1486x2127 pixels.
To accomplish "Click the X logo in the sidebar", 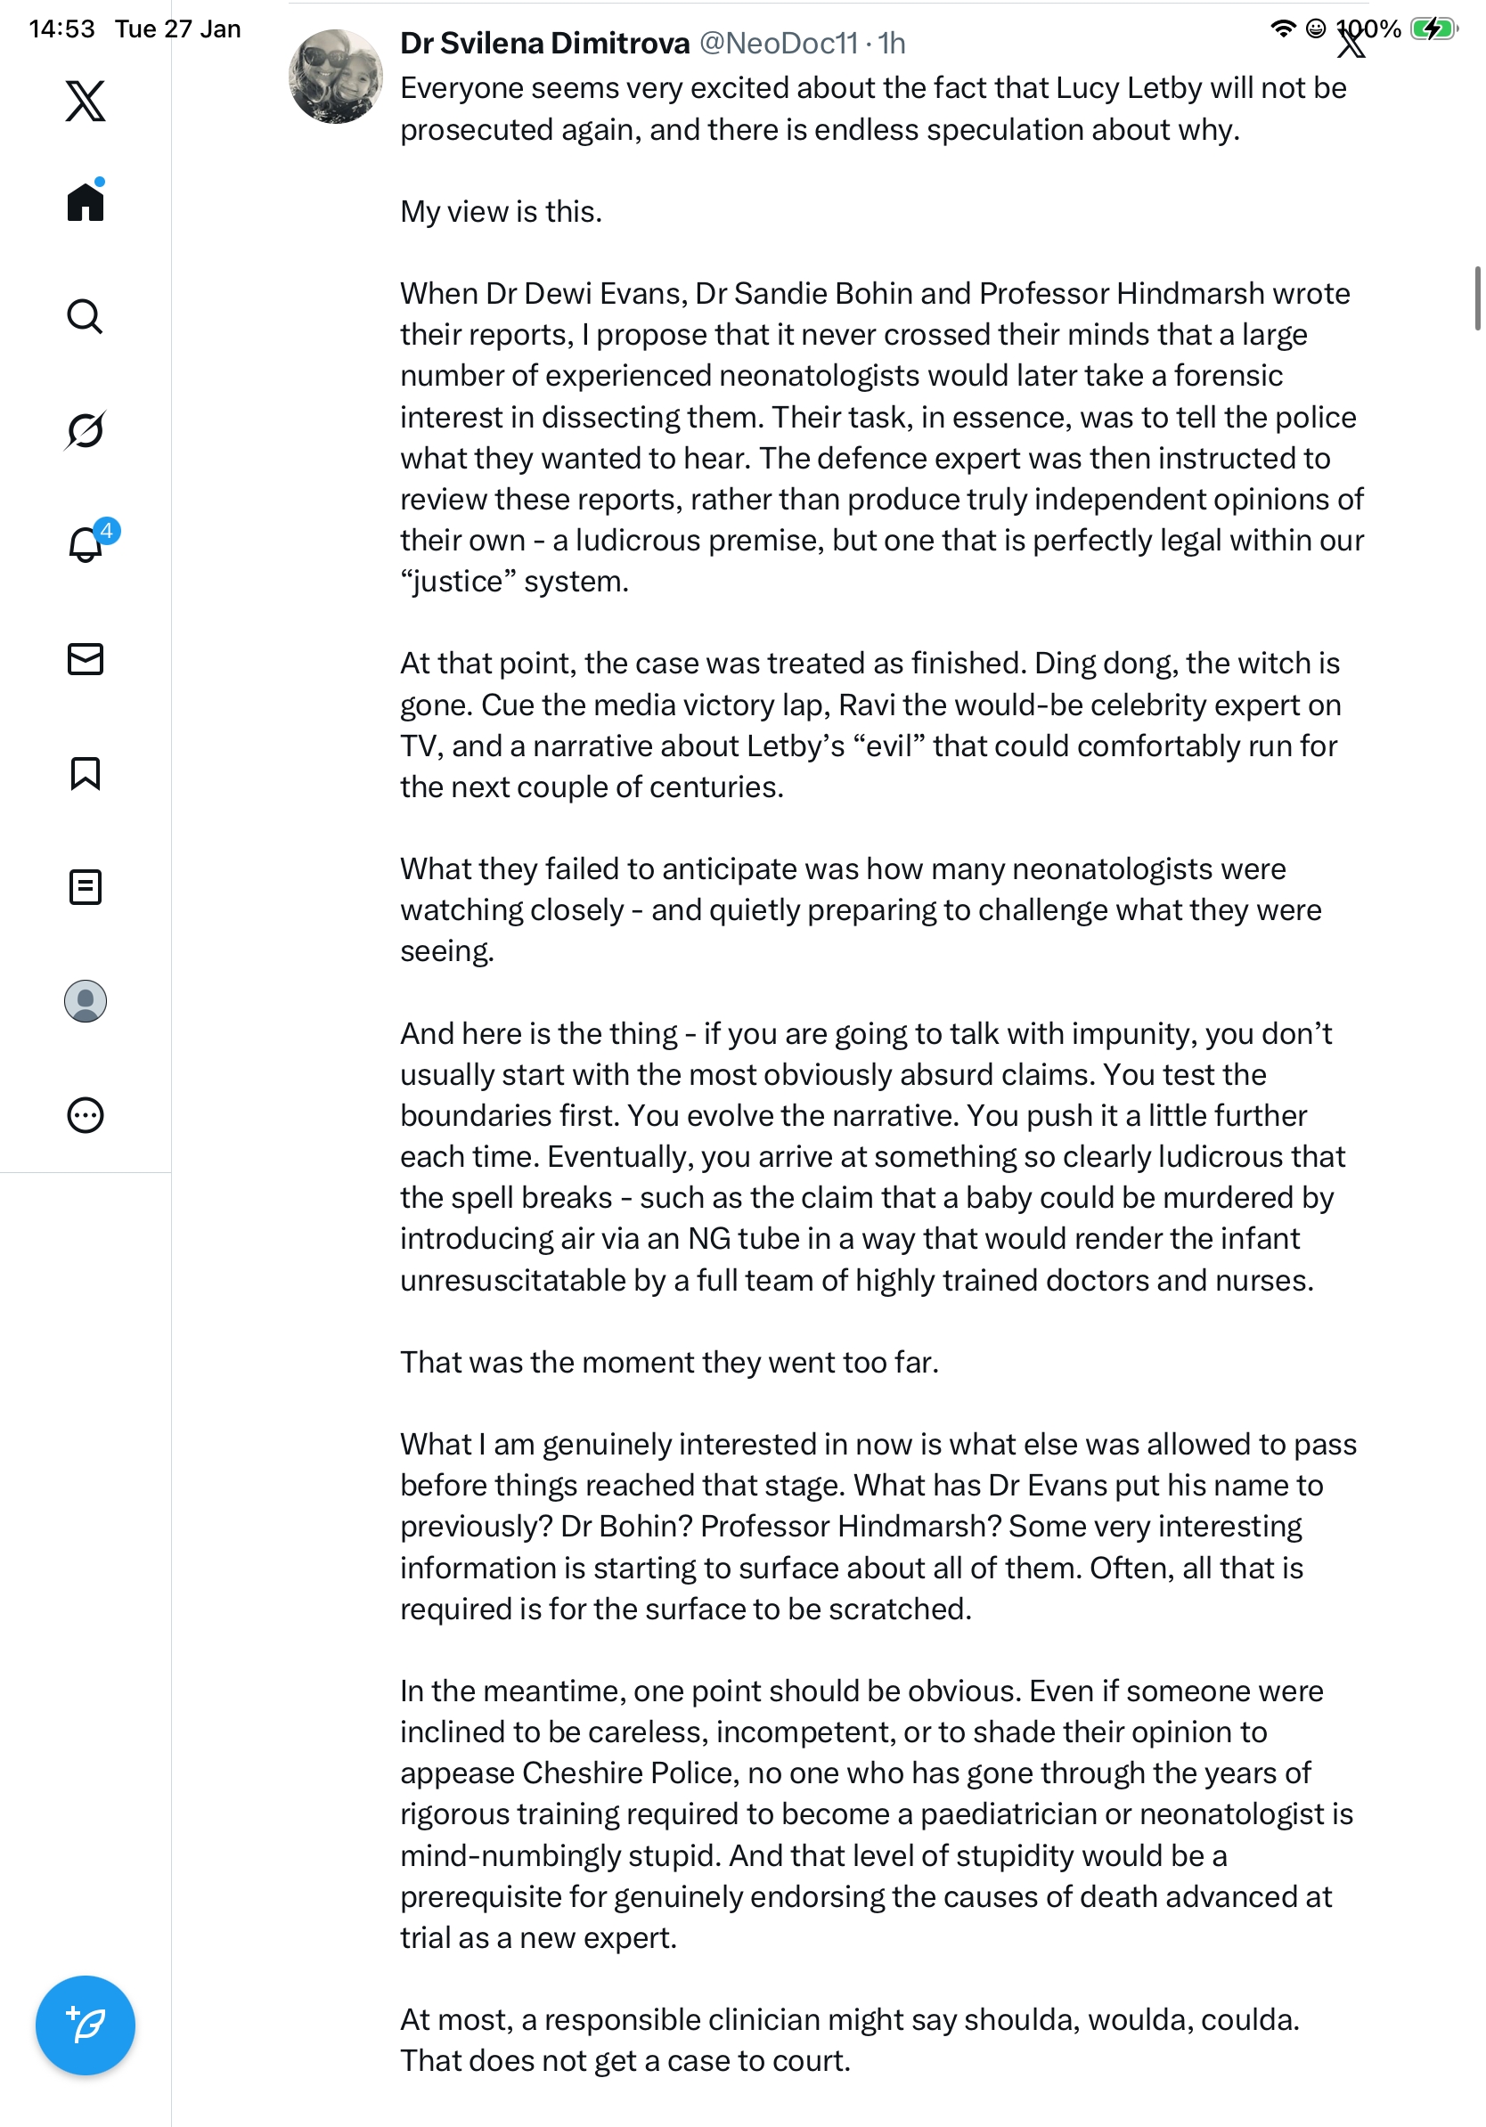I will click(x=86, y=100).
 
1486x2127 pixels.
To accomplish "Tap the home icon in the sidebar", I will click(x=86, y=201).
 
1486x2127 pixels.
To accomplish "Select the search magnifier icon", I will click(x=86, y=317).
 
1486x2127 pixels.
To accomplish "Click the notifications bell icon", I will click(x=86, y=544).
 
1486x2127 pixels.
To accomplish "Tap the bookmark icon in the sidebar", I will click(x=86, y=773).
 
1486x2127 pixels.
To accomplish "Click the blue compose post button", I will click(x=86, y=2025).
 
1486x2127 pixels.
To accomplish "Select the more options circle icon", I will click(x=86, y=1115).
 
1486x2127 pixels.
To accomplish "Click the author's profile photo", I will click(x=335, y=77).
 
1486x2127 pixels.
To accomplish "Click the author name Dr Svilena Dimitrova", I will click(x=544, y=44).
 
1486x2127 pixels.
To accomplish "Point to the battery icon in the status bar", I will click(x=1433, y=29).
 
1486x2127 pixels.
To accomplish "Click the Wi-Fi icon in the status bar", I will click(x=1282, y=29).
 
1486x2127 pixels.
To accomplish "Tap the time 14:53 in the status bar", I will click(x=61, y=29).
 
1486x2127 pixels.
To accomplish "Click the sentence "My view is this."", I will click(x=502, y=212).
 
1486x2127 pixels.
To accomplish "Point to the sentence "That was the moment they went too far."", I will click(x=669, y=1362).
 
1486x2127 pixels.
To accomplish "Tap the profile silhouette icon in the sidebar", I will click(x=86, y=1001).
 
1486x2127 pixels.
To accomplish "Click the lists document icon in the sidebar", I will click(x=86, y=887).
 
